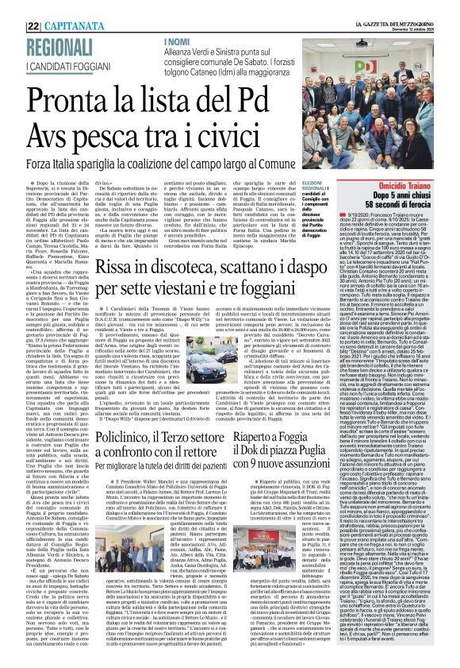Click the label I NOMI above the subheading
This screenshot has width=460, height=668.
point(175,18)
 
